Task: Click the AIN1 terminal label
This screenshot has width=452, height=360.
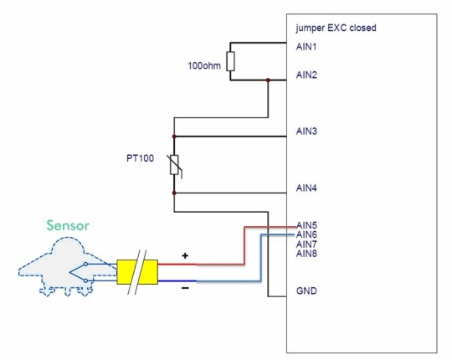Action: [306, 47]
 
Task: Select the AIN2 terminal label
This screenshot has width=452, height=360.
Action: [306, 75]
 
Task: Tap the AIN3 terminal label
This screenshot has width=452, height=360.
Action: [306, 131]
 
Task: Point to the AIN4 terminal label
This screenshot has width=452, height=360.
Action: [306, 188]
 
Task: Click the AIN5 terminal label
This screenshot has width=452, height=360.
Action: [306, 225]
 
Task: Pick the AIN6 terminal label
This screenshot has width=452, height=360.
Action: [306, 234]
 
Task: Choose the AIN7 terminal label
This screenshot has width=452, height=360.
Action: [306, 244]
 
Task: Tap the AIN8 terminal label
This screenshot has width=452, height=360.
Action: [306, 254]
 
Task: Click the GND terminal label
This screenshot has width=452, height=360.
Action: [306, 291]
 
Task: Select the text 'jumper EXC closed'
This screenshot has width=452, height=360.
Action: [336, 28]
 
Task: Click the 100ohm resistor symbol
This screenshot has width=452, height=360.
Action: [230, 61]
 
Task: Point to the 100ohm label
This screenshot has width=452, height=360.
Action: [204, 65]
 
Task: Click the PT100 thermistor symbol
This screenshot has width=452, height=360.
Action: [174, 165]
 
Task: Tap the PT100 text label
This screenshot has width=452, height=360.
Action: [140, 158]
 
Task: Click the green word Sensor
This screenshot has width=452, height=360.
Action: [68, 225]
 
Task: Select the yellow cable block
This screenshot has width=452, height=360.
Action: [137, 272]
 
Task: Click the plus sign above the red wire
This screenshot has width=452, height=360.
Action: [185, 255]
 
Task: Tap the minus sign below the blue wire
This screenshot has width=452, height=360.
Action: [185, 288]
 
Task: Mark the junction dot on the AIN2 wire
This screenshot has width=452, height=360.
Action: [268, 80]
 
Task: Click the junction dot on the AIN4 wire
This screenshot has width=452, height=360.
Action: [174, 193]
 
